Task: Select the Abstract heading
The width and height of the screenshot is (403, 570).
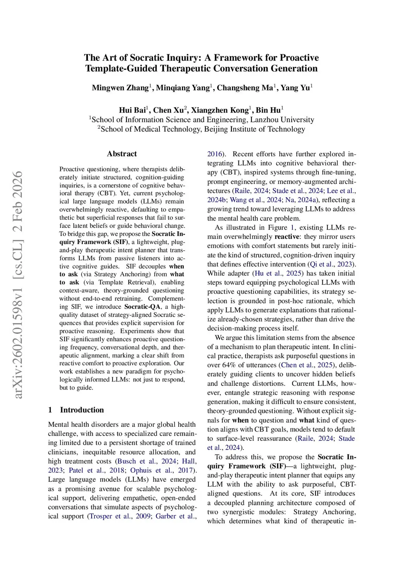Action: click(122, 154)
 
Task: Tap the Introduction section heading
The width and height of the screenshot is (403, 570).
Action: click(82, 410)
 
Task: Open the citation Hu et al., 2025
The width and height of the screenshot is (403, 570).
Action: click(279, 273)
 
